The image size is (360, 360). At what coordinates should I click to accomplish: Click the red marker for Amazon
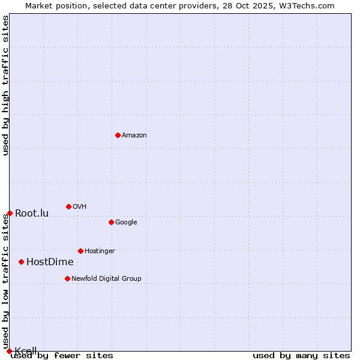pyautogui.click(x=118, y=135)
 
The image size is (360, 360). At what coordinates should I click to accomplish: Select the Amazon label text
pyautogui.click(x=134, y=136)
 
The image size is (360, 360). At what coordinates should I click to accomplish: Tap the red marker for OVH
pyautogui.click(x=68, y=206)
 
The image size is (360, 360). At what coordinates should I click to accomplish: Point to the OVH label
pyautogui.click(x=80, y=207)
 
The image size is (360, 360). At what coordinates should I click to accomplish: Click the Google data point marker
pyautogui.click(x=111, y=222)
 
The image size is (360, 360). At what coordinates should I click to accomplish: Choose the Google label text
pyautogui.click(x=126, y=223)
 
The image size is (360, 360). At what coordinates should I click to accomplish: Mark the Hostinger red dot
pyautogui.click(x=80, y=251)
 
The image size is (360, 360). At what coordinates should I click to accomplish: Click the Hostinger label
pyautogui.click(x=100, y=251)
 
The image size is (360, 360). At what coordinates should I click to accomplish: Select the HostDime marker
pyautogui.click(x=21, y=262)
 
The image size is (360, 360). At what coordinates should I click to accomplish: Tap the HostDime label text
pyautogui.click(x=50, y=262)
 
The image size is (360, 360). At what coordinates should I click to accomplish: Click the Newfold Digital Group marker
pyautogui.click(x=67, y=278)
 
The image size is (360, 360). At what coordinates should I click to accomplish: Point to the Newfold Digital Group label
pyautogui.click(x=106, y=279)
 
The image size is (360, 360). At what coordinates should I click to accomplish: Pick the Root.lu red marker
pyautogui.click(x=10, y=213)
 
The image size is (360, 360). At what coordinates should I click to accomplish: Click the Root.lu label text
pyautogui.click(x=32, y=214)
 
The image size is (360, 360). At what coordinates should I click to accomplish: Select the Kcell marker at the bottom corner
pyautogui.click(x=9, y=351)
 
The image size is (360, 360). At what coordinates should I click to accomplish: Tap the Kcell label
pyautogui.click(x=26, y=351)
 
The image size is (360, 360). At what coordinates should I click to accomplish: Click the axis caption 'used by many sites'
pyautogui.click(x=301, y=356)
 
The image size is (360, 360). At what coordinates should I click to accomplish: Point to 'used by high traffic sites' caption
pyautogui.click(x=6, y=85)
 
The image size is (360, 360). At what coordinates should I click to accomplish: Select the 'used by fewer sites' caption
pyautogui.click(x=62, y=356)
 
